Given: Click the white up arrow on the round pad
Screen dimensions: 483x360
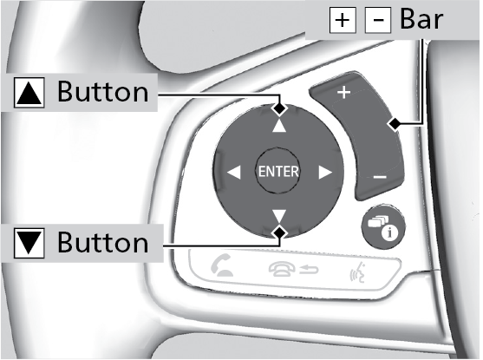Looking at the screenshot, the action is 279,127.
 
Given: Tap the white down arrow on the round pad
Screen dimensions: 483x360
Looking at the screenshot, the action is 279,216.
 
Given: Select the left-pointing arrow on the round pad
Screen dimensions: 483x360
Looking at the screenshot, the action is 234,172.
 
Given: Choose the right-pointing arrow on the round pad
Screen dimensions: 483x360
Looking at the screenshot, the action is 325,172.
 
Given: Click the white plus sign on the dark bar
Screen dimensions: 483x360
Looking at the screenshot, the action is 343,92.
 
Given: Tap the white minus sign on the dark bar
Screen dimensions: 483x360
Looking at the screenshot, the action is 380,177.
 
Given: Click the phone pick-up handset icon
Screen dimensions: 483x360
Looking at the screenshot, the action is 221,265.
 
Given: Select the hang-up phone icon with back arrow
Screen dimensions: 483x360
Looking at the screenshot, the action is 293,270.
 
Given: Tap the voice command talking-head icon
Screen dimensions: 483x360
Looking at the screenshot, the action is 358,272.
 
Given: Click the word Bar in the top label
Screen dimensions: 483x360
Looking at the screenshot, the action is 421,19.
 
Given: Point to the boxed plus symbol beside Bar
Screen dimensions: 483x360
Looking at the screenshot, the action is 343,20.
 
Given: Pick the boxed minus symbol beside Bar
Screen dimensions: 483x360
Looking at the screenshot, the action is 378,20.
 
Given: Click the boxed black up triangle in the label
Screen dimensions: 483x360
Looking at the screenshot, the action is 29,93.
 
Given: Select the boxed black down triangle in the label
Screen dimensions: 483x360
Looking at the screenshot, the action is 29,243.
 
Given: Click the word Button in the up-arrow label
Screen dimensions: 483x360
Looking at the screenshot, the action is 103,92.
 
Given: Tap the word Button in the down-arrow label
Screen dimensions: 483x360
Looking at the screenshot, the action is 103,243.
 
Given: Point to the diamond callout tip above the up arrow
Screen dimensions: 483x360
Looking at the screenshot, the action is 279,108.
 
